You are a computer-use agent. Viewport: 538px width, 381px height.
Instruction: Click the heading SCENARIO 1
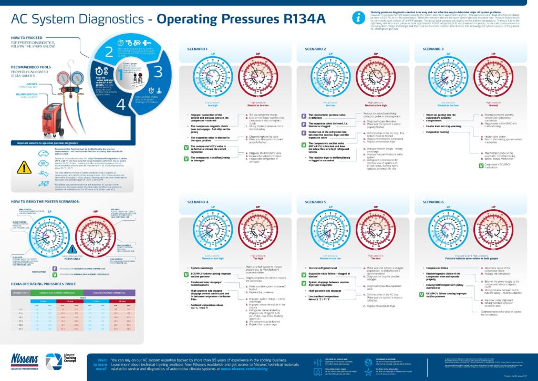tap(198, 49)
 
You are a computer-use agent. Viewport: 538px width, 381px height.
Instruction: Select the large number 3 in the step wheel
tap(158, 72)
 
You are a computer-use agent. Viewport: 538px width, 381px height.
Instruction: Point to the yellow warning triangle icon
tap(24, 167)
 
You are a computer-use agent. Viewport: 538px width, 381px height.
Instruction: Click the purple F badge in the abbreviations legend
tap(55, 268)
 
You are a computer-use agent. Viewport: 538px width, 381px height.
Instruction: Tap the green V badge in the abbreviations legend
tap(55, 274)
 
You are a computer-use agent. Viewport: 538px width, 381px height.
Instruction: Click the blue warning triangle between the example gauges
tap(74, 245)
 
